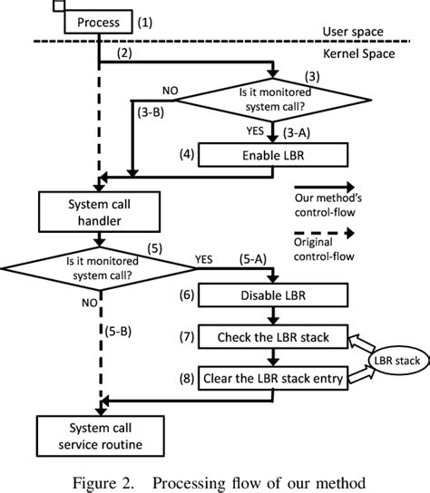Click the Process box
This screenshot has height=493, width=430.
tap(97, 21)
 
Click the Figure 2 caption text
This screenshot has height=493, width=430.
tap(214, 479)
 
